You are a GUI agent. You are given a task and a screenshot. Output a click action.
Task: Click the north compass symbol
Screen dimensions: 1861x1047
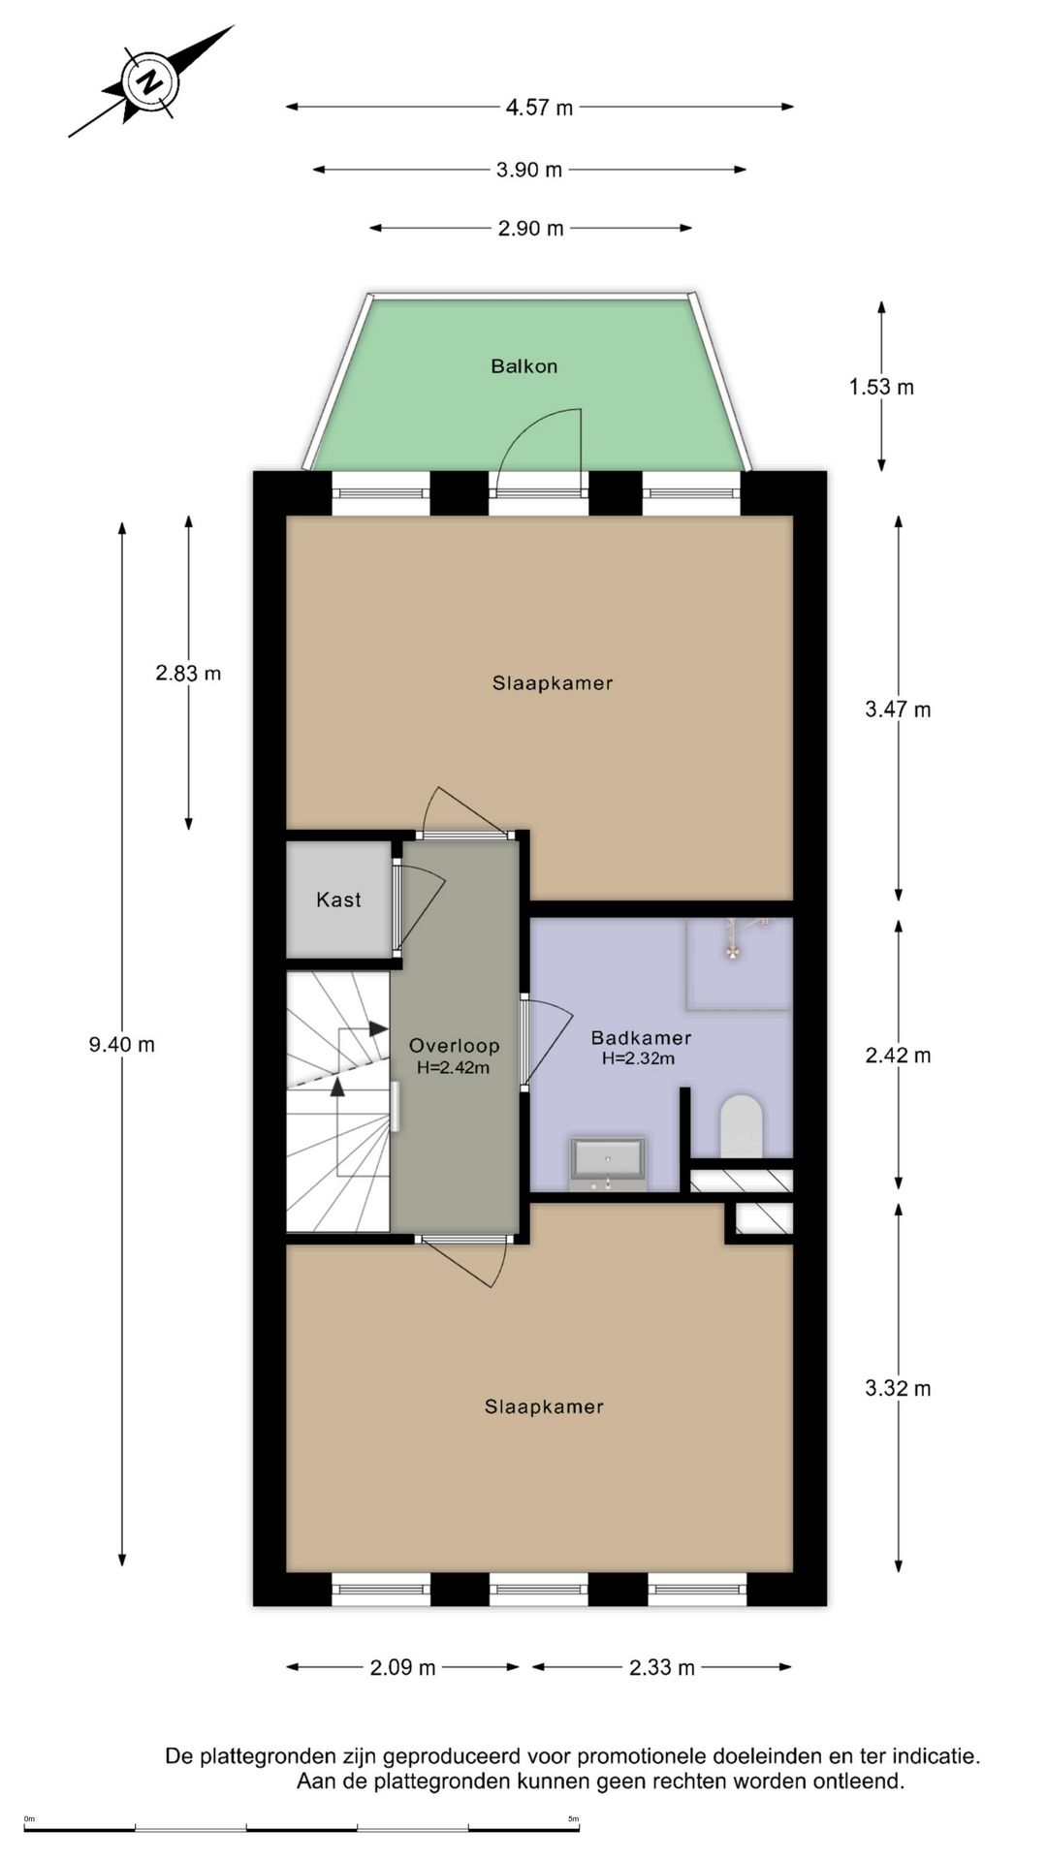150,82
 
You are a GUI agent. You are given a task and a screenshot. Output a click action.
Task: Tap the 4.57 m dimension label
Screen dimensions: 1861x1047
539,108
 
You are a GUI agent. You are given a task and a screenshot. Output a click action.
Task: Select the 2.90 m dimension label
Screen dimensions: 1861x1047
530,229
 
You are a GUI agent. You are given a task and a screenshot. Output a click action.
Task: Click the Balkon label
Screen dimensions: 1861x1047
523,366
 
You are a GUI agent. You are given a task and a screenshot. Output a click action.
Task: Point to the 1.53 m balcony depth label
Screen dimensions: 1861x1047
881,388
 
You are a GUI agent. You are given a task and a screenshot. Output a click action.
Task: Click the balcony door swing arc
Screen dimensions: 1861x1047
543,436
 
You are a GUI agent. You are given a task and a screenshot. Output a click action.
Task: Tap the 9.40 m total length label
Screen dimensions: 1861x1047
122,1045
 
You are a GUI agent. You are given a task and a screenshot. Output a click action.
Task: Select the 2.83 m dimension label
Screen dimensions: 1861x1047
188,674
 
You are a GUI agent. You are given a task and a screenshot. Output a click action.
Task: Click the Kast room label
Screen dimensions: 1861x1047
338,900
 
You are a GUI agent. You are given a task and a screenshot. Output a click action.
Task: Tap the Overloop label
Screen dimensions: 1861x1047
454,1047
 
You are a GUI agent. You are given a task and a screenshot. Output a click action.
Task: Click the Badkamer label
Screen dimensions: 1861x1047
641,1038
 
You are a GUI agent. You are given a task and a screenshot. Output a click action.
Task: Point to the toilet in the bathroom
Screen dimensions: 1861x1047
742,1126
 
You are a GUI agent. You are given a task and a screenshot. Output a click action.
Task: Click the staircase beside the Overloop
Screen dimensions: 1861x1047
337,1105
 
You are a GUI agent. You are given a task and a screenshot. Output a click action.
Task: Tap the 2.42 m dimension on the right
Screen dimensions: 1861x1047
898,1056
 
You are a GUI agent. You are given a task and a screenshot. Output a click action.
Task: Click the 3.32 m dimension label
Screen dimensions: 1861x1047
898,1389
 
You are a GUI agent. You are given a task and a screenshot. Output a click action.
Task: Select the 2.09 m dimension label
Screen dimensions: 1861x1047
402,1668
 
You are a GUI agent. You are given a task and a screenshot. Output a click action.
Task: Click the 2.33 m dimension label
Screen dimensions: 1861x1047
661,1668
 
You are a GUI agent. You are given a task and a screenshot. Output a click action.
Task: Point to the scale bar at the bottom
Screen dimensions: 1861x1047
301,1829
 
